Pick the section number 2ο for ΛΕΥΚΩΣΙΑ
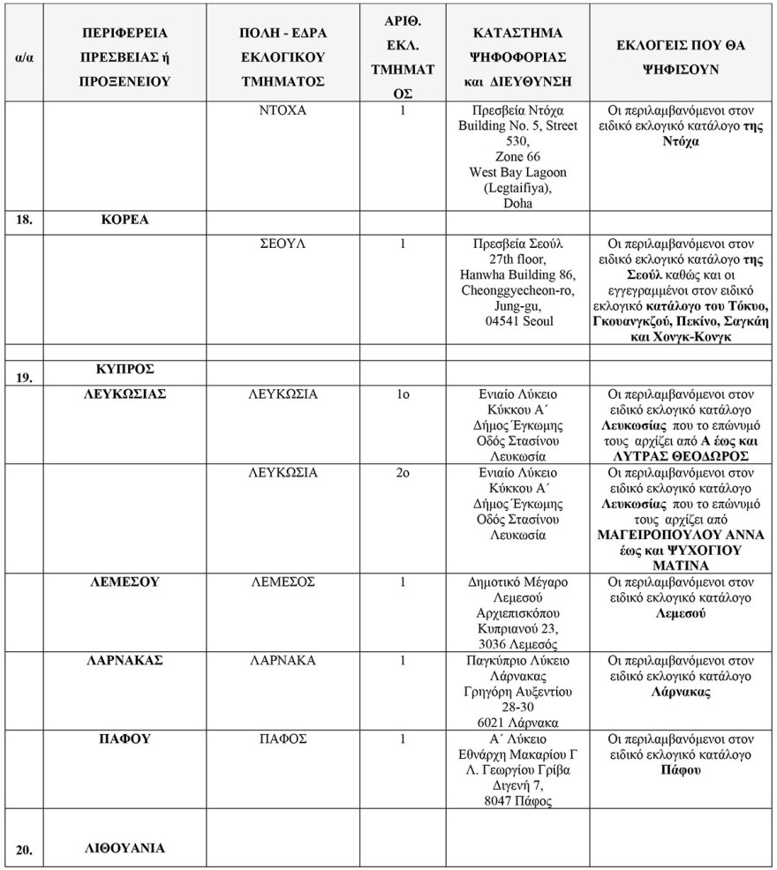[402, 473]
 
